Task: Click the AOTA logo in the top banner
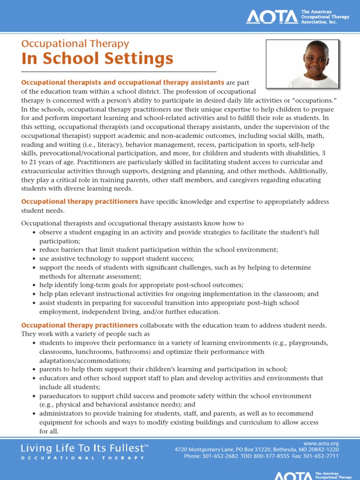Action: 272,17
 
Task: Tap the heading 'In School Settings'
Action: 97,59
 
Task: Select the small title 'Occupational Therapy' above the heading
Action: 75,44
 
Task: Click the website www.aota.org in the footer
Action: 321,443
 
